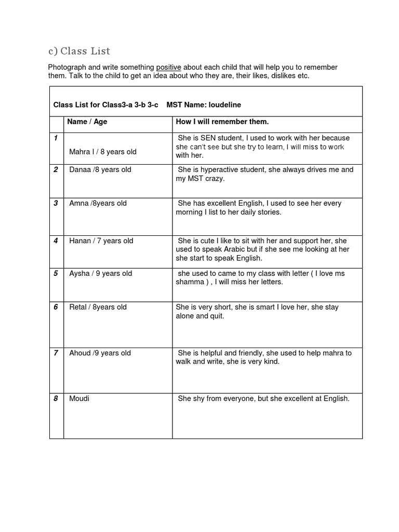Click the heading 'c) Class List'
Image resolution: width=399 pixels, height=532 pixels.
pos(79,51)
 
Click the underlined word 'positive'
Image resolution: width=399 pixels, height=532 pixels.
pos(168,68)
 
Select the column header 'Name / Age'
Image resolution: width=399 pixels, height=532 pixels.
pos(87,122)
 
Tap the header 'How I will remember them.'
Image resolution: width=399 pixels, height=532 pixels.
pos(222,122)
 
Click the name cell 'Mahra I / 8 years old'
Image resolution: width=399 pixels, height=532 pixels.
pos(103,152)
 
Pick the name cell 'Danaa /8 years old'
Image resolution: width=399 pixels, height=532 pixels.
pos(100,170)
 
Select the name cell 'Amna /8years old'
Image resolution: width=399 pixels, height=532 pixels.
pos(98,203)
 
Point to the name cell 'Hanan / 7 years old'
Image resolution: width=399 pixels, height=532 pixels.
pos(101,241)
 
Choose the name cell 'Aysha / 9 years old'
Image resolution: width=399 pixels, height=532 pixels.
pos(101,273)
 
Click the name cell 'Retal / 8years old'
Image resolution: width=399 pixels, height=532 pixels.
pos(98,307)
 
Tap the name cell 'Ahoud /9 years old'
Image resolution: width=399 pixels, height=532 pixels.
pos(100,353)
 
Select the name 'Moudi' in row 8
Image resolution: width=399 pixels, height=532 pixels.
pos(79,398)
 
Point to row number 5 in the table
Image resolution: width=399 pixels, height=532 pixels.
pos(56,273)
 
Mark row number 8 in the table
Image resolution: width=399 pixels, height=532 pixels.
pos(56,398)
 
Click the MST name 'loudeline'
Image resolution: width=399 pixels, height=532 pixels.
pos(224,104)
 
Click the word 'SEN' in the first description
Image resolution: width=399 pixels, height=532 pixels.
pos(209,138)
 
